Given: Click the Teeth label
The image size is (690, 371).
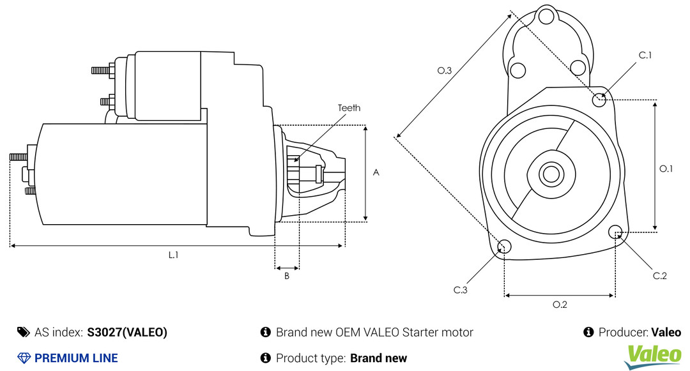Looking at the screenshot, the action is (349, 108).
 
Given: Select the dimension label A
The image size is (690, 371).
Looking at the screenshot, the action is (376, 172).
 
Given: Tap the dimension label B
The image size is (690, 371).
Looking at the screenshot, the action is (287, 276).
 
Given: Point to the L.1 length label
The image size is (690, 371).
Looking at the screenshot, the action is (173, 255).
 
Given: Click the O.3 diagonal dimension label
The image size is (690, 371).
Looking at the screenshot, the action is (445, 70).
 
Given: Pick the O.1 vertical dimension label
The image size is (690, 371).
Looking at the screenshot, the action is (666, 169).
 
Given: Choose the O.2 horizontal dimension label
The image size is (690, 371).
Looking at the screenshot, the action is (560, 304).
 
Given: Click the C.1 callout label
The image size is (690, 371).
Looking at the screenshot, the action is (645, 55).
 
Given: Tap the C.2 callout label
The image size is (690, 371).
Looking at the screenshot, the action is (659, 276).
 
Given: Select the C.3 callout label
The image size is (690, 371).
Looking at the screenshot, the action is (460, 290).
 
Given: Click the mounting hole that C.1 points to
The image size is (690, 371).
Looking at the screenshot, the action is (599, 100).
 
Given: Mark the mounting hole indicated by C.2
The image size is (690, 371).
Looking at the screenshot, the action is (615, 232).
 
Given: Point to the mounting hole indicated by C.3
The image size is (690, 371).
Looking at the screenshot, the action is (504, 246).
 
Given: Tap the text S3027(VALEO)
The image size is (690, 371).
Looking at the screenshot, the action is (127, 332).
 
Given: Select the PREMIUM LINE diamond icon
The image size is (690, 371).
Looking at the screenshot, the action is (24, 358).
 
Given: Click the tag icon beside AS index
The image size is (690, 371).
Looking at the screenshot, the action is (24, 332).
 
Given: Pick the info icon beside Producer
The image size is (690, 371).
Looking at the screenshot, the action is (588, 332).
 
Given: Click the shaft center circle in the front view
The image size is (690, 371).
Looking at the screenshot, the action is (551, 174).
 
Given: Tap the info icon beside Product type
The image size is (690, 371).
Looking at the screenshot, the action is (265, 358).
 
